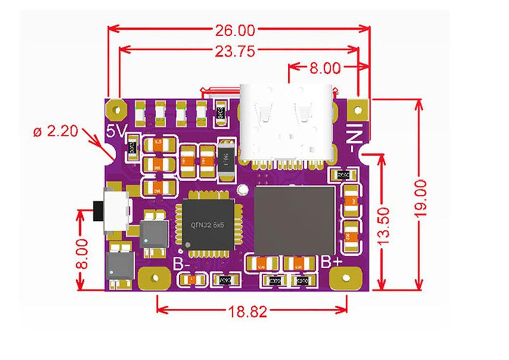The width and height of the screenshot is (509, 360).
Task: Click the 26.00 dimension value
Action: (235, 30)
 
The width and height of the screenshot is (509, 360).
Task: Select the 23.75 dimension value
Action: (235, 50)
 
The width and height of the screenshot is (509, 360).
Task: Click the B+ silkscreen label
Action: (331, 262)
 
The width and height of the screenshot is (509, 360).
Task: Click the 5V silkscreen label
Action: (116, 132)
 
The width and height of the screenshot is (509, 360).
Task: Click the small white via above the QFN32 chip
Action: (243, 190)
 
